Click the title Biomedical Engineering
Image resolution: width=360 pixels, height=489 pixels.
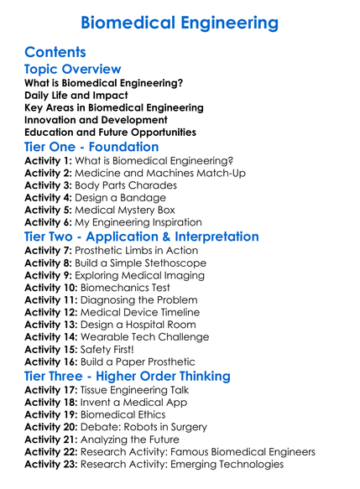[x=180, y=23]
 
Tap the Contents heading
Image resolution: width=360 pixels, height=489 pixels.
[x=55, y=52]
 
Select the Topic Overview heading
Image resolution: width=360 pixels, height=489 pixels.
[x=73, y=70]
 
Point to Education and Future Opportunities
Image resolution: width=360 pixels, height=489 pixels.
[x=110, y=132]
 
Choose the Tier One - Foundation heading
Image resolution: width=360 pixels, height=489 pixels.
[x=91, y=148]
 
